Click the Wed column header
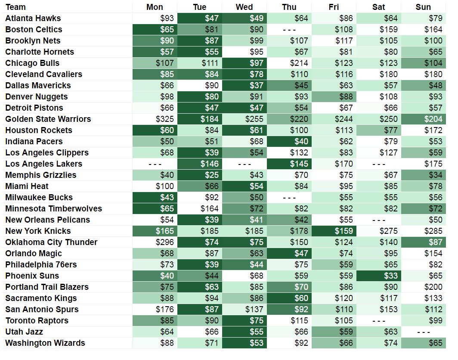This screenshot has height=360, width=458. point(244,7)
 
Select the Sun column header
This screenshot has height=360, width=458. point(423,7)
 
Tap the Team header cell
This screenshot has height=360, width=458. point(16,7)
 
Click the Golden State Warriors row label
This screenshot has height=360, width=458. point(48,119)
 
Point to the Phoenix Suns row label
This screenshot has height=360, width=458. point(32,276)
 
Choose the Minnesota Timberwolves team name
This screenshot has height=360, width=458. point(54,208)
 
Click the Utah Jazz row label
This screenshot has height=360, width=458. point(24,332)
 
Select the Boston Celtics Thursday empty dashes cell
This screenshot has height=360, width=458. point(289,29)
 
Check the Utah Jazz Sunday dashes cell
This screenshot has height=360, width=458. point(424,332)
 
